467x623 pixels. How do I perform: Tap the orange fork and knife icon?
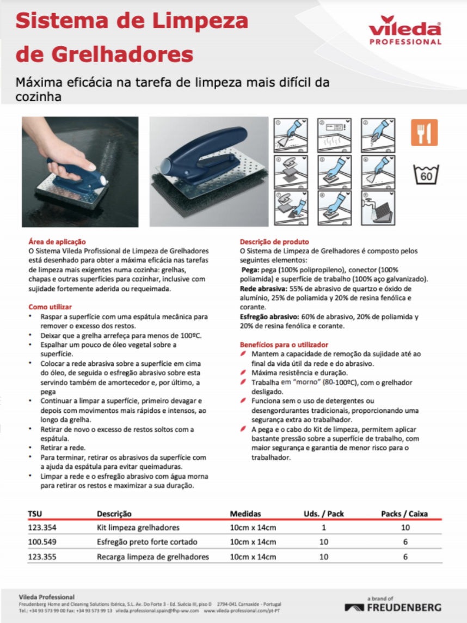point(424,132)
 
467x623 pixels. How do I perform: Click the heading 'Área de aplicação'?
point(57,241)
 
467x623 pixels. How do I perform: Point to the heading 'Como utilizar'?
point(50,307)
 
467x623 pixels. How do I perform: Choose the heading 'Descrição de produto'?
point(274,241)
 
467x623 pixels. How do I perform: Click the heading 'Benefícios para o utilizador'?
point(284,345)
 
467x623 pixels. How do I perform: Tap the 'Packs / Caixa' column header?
point(404,514)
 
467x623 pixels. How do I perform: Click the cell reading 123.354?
point(42,528)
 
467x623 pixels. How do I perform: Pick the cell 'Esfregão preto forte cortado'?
point(147,542)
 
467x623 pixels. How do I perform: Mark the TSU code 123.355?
point(42,557)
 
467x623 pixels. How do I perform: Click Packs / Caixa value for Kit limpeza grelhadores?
point(405,528)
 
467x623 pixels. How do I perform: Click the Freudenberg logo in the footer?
point(393,607)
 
